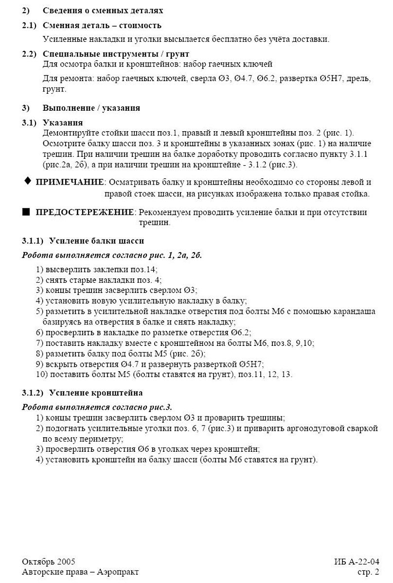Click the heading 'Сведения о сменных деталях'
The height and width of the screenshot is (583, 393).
103,10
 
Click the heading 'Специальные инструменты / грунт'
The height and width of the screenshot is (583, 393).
116,53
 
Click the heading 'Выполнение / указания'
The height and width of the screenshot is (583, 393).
91,108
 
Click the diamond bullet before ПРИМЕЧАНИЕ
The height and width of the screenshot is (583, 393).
27,181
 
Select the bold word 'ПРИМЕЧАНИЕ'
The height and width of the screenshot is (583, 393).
70,182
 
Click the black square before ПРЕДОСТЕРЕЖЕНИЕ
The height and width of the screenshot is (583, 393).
26,212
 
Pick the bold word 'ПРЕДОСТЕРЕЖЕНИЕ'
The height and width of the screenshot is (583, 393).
85,212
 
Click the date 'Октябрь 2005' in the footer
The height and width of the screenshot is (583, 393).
48,562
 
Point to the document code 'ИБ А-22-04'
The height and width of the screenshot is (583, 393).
356,562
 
